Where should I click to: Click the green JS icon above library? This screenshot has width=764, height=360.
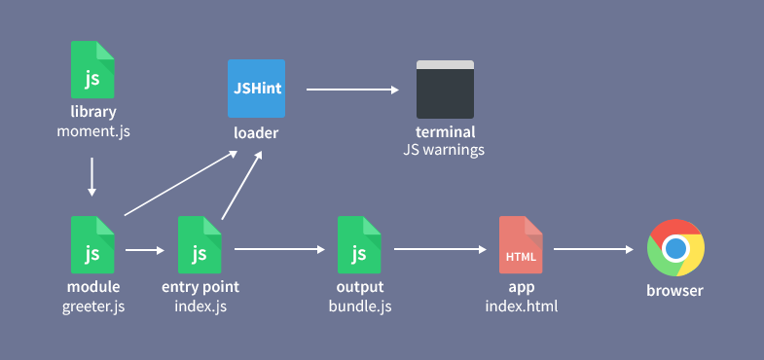(x=92, y=69)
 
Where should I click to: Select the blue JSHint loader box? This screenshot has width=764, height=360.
(x=257, y=89)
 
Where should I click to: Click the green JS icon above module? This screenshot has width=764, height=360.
(x=92, y=244)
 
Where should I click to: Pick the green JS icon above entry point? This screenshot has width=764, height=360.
(x=200, y=244)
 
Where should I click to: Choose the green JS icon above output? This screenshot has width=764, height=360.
(x=359, y=244)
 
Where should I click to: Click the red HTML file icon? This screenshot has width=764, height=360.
(x=521, y=244)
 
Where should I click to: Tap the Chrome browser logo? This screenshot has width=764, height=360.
(x=676, y=247)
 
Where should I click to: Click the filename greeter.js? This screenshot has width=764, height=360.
(x=93, y=307)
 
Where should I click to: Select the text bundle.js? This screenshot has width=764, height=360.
(x=359, y=307)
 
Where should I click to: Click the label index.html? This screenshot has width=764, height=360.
(x=521, y=307)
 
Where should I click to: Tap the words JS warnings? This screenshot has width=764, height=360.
(x=445, y=151)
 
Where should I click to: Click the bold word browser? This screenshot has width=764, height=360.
(x=676, y=291)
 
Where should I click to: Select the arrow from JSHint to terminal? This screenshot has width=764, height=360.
(x=352, y=90)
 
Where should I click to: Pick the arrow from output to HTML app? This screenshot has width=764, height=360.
(x=439, y=249)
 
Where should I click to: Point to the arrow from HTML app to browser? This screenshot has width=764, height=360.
(x=593, y=249)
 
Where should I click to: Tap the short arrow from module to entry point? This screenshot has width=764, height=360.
(x=145, y=250)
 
